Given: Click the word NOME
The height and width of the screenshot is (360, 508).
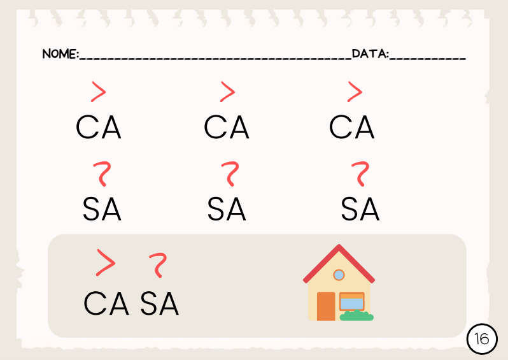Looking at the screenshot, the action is pyautogui.click(x=59, y=54).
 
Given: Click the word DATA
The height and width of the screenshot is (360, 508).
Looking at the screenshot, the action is pyautogui.click(x=369, y=54).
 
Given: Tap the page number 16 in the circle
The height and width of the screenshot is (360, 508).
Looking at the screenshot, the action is pyautogui.click(x=482, y=339).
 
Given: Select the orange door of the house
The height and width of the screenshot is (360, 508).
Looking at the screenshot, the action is pyautogui.click(x=326, y=306).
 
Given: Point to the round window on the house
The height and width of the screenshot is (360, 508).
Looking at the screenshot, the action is pyautogui.click(x=339, y=275).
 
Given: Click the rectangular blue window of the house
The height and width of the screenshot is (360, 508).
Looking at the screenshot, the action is pyautogui.click(x=352, y=301).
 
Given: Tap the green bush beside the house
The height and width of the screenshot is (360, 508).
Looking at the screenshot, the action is pyautogui.click(x=356, y=315).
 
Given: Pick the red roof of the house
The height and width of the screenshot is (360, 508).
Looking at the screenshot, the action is pyautogui.click(x=339, y=263).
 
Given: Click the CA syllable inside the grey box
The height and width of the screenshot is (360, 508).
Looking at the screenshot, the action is pyautogui.click(x=106, y=303).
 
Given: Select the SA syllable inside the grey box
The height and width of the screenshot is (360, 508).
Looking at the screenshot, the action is pyautogui.click(x=159, y=303).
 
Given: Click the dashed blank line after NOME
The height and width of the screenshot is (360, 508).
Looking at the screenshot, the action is pyautogui.click(x=215, y=59).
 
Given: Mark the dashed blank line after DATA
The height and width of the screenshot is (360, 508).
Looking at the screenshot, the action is pyautogui.click(x=427, y=59).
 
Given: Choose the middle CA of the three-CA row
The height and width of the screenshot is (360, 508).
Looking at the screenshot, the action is pyautogui.click(x=227, y=127).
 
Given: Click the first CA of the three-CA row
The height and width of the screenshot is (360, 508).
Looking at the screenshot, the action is pyautogui.click(x=99, y=127).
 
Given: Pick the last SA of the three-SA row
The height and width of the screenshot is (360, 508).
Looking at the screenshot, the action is pyautogui.click(x=360, y=209).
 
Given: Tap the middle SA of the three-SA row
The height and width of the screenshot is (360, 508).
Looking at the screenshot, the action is pyautogui.click(x=227, y=209).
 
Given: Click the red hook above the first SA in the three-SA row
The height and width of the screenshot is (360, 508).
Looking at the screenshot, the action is pyautogui.click(x=103, y=173).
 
